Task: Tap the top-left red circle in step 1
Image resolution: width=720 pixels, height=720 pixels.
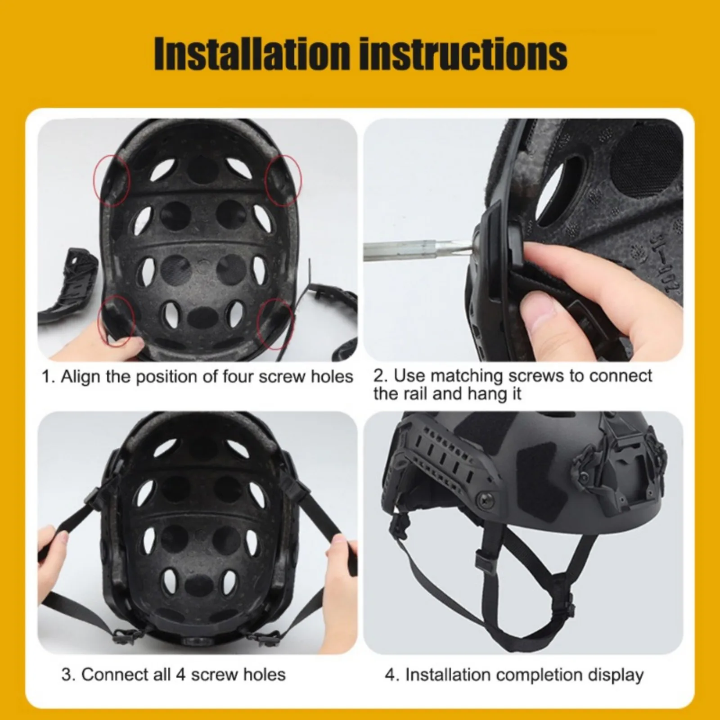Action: pyautogui.click(x=112, y=180)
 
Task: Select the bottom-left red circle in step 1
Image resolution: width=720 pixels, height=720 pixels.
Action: pyautogui.click(x=117, y=321)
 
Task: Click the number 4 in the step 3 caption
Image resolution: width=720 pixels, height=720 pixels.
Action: pyautogui.click(x=181, y=675)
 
